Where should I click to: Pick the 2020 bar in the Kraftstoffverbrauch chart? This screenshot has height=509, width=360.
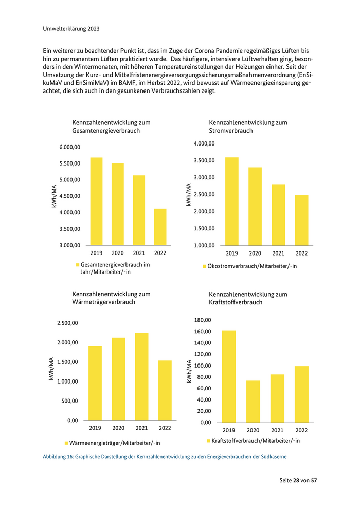click(253, 401)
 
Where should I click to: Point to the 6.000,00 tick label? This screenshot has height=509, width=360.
click(70, 147)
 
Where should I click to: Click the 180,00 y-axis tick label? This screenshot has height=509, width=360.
click(202, 320)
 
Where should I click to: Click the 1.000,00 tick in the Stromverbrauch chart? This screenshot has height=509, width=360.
click(204, 246)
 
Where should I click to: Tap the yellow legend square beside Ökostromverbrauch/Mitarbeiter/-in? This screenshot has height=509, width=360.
click(204, 267)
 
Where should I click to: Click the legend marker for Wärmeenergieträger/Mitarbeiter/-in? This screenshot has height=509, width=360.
click(66, 443)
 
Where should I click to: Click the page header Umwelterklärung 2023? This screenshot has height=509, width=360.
click(71, 29)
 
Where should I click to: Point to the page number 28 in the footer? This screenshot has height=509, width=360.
click(297, 480)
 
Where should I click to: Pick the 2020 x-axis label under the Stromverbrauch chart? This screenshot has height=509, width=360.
click(255, 253)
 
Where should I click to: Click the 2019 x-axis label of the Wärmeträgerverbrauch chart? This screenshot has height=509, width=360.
click(95, 428)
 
